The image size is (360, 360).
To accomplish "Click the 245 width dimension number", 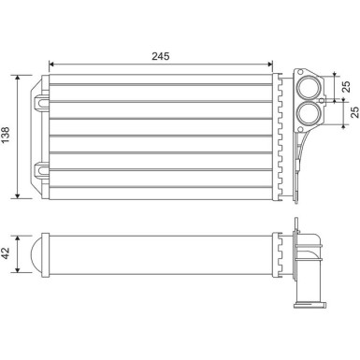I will click(160, 56).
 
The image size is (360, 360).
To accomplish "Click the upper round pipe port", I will click(308, 89).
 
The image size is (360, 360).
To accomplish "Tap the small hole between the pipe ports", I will click(321, 101).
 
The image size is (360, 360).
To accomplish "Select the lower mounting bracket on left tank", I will click(41, 170).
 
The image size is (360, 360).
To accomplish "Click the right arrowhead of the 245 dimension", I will click(271, 66).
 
